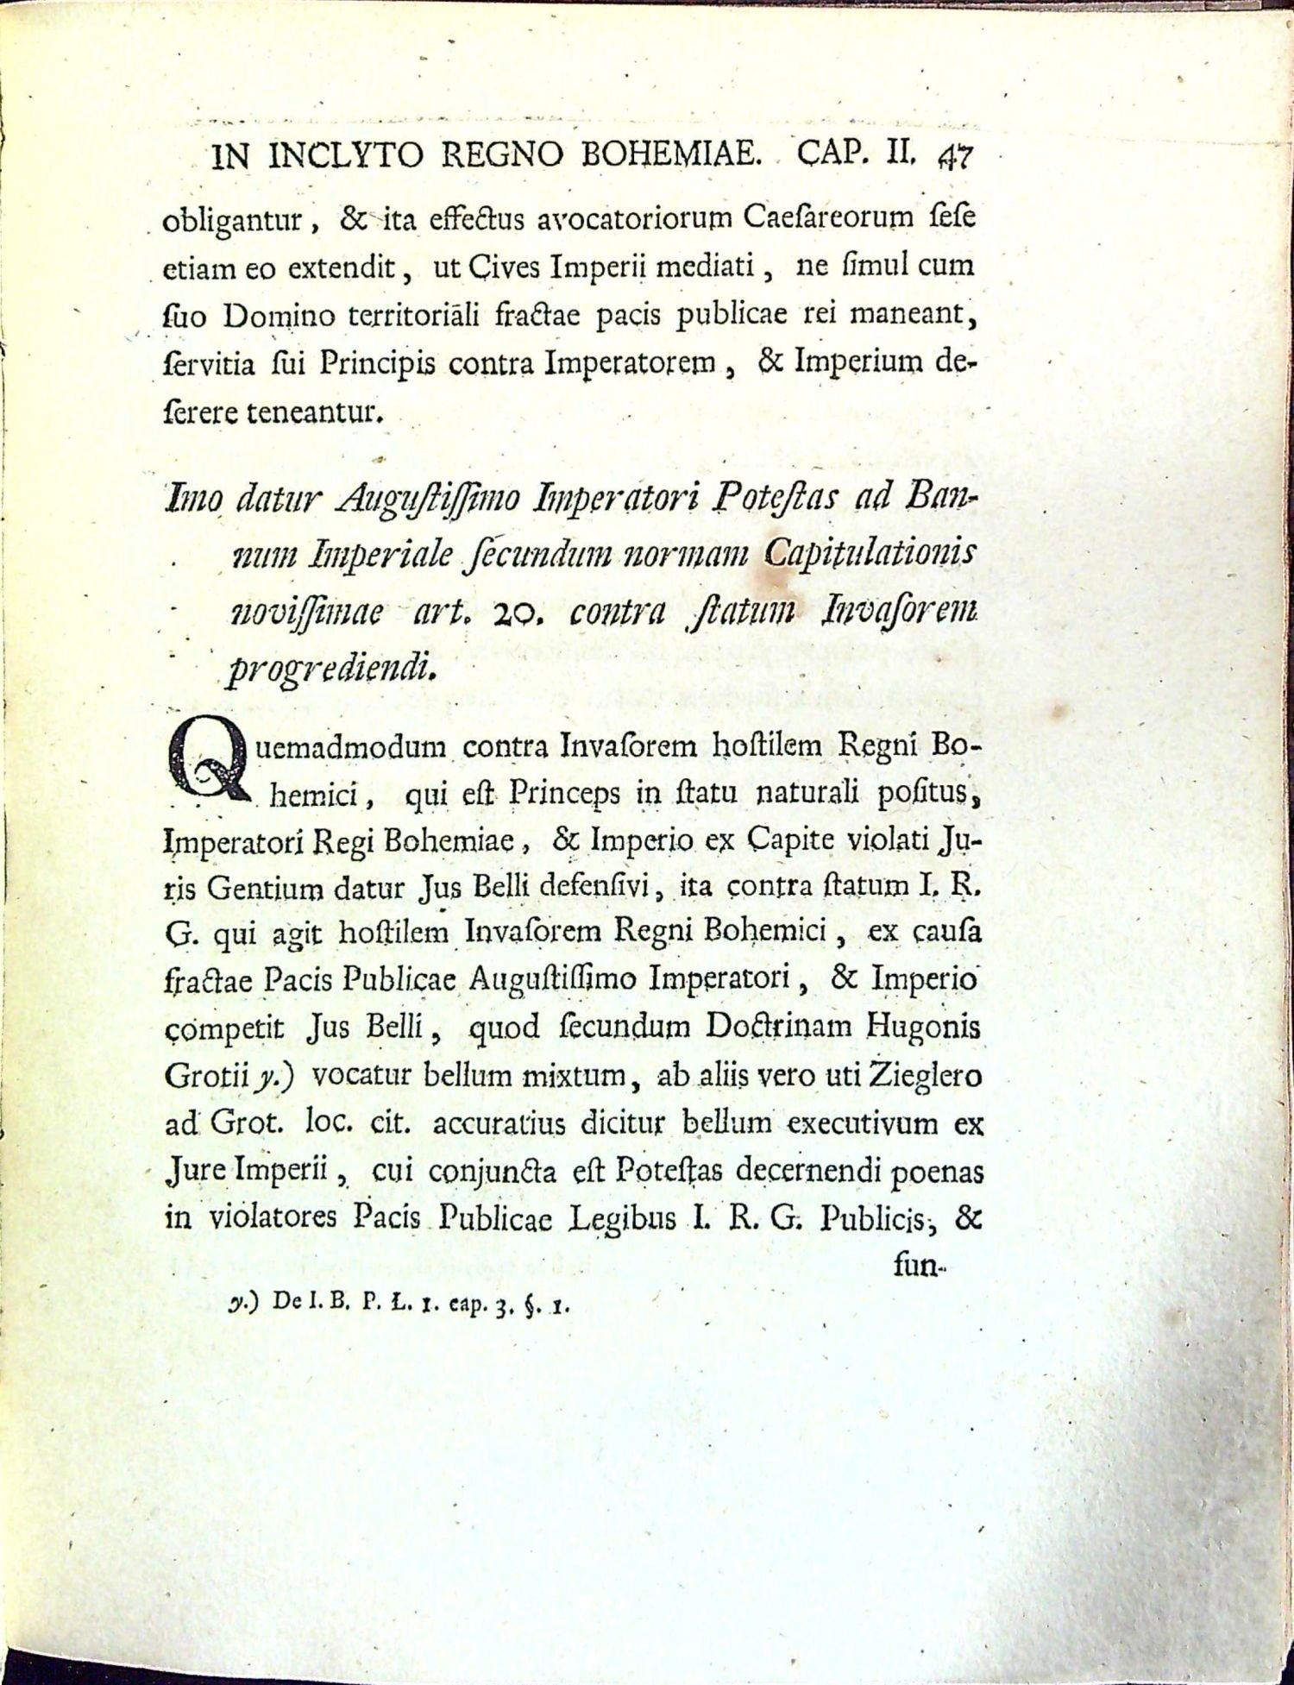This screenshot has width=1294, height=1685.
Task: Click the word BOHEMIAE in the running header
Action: (672, 156)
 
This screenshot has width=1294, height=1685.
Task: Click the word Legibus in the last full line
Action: (620, 1218)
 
